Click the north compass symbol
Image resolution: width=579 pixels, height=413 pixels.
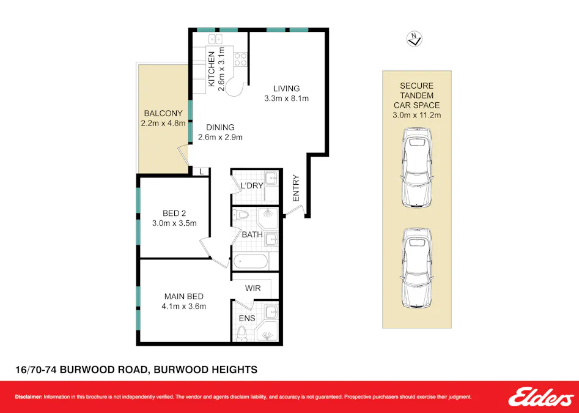click(415, 40)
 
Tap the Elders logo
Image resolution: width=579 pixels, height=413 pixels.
click(540, 397)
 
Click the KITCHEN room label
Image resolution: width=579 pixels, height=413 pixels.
click(212, 69)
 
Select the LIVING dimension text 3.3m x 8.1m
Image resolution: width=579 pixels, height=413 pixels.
click(286, 99)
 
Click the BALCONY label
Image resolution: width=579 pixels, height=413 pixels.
click(163, 113)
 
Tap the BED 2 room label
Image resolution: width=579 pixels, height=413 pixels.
click(174, 214)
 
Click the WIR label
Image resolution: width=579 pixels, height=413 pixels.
click(253, 288)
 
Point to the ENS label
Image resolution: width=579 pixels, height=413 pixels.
click(247, 318)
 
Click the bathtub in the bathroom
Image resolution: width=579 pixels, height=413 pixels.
click(250, 261)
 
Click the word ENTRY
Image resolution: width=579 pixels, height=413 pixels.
click(297, 188)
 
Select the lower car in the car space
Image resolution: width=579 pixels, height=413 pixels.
click(416, 267)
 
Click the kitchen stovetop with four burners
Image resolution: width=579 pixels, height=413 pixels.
click(240, 59)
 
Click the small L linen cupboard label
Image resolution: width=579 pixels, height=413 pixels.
click(201, 172)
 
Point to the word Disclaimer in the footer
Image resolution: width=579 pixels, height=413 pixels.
click(28, 397)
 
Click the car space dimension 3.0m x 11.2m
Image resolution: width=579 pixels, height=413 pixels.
click(416, 114)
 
